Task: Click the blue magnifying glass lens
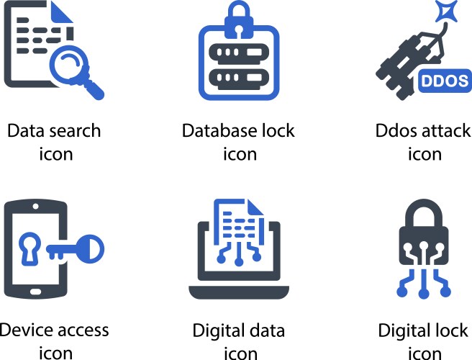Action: coord(69,65)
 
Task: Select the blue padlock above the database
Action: coord(239,20)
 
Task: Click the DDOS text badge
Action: coord(445,81)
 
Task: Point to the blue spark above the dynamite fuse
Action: coord(446,12)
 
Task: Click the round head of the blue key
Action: coord(90,249)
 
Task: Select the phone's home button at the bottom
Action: coord(35,292)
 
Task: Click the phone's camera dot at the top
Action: coord(35,207)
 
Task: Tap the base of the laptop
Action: coord(239,292)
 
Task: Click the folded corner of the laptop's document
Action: coord(255,207)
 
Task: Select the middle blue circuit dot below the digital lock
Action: coord(424,294)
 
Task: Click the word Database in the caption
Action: coord(219,131)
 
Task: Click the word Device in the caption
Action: coord(24,330)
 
